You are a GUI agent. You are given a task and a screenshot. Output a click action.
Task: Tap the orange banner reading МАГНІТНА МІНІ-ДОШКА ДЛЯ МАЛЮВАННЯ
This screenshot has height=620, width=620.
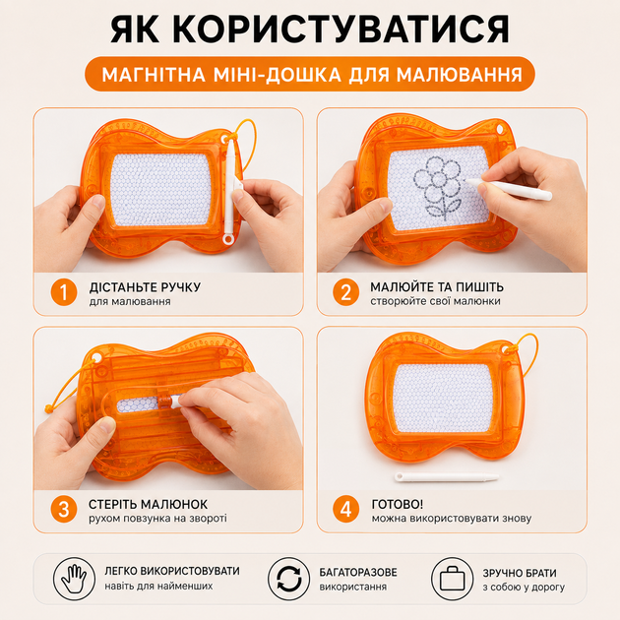coord(310,74)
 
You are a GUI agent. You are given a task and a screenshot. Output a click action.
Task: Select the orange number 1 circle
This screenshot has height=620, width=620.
coord(64,292)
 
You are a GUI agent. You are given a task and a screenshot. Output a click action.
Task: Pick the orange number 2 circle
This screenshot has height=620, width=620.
coord(346,292)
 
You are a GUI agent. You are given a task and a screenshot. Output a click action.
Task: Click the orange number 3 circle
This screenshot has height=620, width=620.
coord(64,510)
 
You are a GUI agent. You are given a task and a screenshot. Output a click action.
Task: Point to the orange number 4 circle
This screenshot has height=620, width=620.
coord(346,510)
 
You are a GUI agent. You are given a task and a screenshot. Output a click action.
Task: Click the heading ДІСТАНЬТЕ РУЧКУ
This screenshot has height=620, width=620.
coord(145,287)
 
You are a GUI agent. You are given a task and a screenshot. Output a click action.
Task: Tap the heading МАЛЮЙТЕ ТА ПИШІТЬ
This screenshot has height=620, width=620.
coord(437,286)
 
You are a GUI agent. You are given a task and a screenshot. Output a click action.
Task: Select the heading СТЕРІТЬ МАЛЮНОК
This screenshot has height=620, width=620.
coord(148,504)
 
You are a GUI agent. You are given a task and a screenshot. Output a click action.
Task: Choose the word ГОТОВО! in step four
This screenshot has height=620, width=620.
coord(397,504)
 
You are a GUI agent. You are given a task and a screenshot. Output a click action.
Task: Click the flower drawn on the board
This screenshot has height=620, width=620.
coord(438,187)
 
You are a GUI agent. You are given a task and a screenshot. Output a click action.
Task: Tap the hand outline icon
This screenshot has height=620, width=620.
coord(74,579)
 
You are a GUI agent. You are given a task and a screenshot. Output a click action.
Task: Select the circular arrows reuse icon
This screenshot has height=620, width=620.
coord(288,579)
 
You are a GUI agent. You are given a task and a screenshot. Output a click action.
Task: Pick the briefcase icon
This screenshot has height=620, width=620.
coord(452,579)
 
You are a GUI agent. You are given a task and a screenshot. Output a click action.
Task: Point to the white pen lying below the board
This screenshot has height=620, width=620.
coord(447,477)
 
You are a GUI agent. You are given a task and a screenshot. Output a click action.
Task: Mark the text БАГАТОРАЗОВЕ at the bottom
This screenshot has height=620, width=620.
coord(358,572)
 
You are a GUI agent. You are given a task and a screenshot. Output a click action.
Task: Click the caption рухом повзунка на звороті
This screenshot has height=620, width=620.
coord(157,519)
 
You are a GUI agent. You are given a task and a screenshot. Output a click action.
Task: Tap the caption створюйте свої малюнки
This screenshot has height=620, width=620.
coord(435,301)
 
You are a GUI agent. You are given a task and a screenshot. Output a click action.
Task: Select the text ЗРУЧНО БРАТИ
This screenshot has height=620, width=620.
coord(520,573)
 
